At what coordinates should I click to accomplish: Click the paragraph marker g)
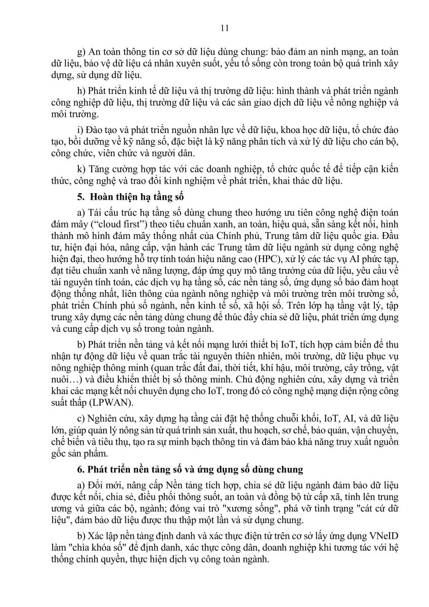pos(79,53)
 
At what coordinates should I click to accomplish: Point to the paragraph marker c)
pos(79,419)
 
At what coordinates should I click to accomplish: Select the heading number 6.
pos(78,469)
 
